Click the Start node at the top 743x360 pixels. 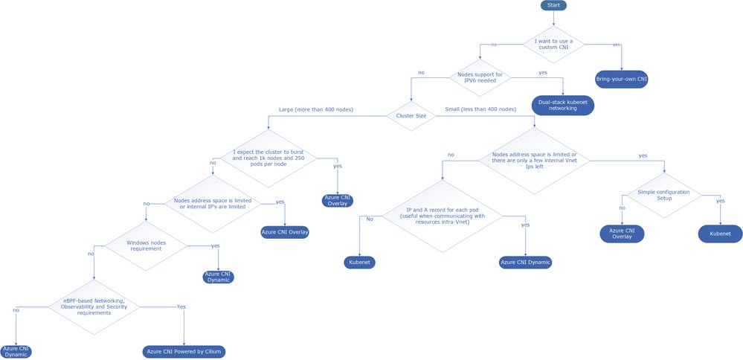553,5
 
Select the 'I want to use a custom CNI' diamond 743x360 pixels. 553,44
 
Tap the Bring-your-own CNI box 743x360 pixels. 621,79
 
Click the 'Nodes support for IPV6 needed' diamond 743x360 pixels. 480,77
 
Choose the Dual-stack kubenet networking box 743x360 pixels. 563,105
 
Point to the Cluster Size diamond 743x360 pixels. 411,115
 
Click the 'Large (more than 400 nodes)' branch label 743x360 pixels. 315,109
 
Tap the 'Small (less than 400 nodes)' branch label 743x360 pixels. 480,109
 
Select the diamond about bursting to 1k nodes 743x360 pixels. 265,160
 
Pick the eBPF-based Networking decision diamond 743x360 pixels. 94,306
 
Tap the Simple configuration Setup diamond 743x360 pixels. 663,195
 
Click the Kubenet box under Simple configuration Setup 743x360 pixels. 720,234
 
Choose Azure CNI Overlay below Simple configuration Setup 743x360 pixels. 622,234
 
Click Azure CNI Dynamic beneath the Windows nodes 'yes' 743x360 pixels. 218,277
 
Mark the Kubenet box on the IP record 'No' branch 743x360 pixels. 360,262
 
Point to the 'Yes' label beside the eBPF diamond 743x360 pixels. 181,306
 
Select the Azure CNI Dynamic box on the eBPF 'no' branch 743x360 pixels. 16,351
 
